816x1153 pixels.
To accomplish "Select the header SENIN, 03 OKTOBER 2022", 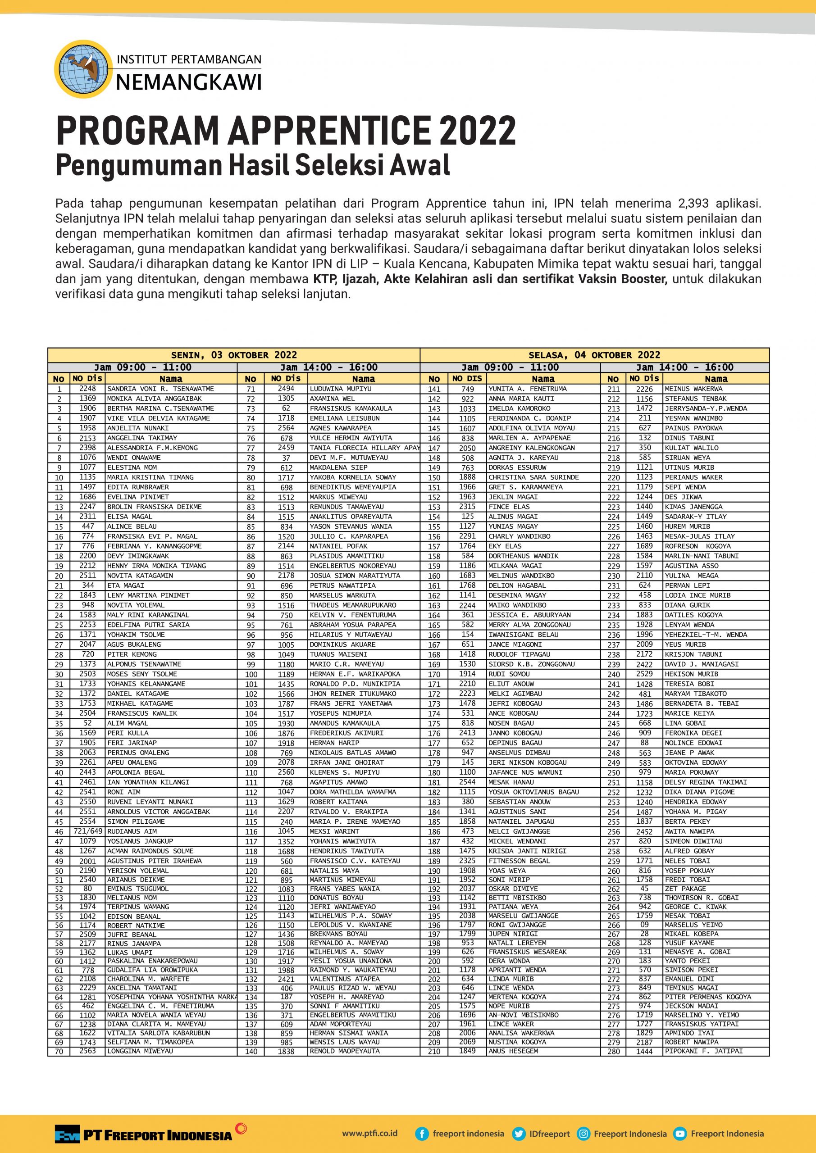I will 234,355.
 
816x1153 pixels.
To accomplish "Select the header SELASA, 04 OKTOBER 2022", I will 594,355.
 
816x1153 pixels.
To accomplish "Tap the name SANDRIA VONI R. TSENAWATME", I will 160,389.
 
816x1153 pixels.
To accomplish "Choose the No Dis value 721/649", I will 88,831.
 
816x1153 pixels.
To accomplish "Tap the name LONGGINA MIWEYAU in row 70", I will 140,1051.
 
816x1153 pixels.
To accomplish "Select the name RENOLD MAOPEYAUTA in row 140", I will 345,1051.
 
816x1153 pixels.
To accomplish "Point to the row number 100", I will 251,674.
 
